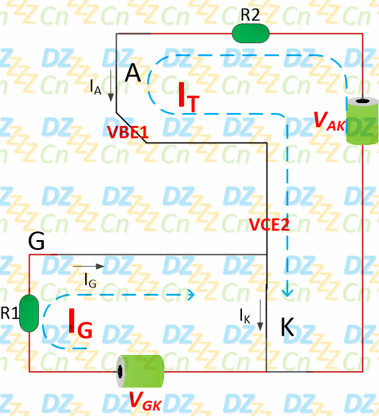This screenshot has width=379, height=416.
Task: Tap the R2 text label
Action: pyautogui.click(x=250, y=15)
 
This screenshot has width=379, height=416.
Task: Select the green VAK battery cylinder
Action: pyautogui.click(x=360, y=122)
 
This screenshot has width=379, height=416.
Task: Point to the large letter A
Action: pyautogui.click(x=133, y=74)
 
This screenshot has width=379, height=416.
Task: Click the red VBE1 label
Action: pyautogui.click(x=128, y=131)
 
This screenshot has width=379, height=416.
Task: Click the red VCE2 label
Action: pyautogui.click(x=269, y=225)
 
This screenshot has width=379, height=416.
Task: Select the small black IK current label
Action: pyautogui.click(x=245, y=316)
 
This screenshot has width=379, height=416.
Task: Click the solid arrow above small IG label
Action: pyautogui.click(x=89, y=266)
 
